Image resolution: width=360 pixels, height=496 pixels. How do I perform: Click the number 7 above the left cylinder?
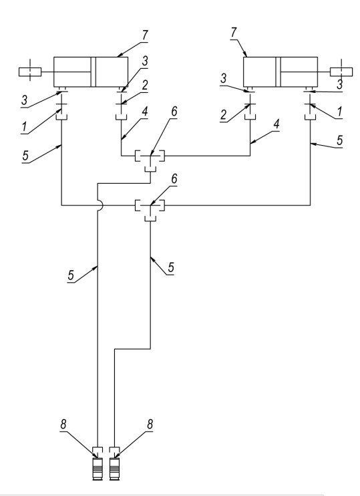(x=145, y=35)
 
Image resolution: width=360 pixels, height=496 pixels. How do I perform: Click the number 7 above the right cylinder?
(x=234, y=32)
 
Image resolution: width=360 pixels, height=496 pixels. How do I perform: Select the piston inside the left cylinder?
(x=94, y=72)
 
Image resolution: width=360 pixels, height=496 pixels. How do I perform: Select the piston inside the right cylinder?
(x=278, y=72)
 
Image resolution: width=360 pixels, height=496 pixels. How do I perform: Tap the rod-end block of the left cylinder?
(x=30, y=72)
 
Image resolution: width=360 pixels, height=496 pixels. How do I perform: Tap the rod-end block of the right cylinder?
(x=341, y=72)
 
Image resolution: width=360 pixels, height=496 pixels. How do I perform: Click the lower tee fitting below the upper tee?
(x=150, y=208)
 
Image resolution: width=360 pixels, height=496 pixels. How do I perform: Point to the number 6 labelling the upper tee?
(x=174, y=112)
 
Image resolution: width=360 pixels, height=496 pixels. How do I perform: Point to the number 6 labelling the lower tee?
(x=174, y=179)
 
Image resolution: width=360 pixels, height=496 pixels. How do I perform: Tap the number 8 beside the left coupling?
(x=63, y=424)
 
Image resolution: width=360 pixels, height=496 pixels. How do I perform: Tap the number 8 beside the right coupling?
(x=150, y=424)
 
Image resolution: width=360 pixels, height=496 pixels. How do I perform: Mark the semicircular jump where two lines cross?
(x=100, y=206)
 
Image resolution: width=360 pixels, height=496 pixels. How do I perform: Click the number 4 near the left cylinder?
(x=145, y=112)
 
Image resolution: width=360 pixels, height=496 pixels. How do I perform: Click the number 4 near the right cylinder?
(x=277, y=124)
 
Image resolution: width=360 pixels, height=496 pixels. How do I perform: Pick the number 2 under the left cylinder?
(x=145, y=86)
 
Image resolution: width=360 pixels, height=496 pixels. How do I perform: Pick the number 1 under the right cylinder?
(x=340, y=112)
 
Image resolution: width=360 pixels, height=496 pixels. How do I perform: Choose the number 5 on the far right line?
(x=339, y=140)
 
